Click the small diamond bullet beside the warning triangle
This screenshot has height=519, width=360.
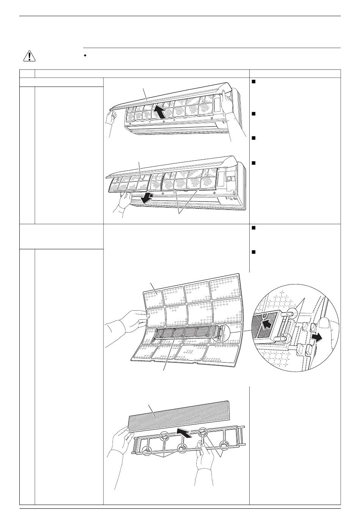pyautogui.click(x=85, y=56)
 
